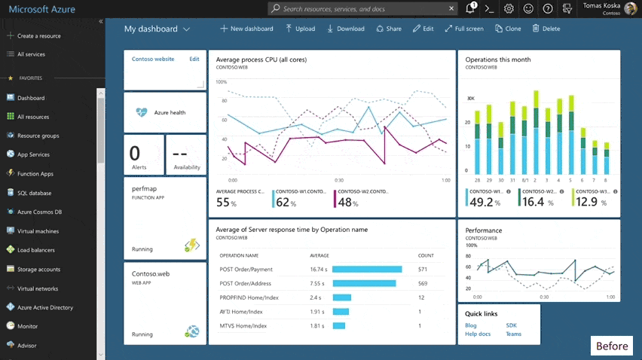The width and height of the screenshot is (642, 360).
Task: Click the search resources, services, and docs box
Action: pos(362,8)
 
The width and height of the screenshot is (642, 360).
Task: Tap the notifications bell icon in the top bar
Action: pos(470,8)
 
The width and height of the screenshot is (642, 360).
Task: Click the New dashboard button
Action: pos(246,29)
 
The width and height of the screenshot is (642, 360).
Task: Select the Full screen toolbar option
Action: pos(464,29)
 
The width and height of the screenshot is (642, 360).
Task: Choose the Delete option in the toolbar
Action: pos(546,29)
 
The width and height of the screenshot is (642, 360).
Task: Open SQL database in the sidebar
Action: pos(34,193)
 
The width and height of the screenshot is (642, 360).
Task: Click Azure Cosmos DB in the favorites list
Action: pos(39,212)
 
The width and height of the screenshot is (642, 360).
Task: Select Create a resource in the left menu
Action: pos(38,35)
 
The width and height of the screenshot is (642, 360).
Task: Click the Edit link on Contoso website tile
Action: pos(194,59)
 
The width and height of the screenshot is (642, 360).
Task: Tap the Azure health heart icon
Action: pos(142,112)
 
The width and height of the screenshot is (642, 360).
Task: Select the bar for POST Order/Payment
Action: pos(367,269)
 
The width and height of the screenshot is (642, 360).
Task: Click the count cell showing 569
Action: pos(422,283)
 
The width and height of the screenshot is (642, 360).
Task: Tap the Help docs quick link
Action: pos(478,334)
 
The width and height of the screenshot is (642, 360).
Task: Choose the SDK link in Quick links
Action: pos(511,325)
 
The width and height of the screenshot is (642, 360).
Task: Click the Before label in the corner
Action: pos(611,346)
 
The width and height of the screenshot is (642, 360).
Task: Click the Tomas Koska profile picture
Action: pos(630,8)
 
